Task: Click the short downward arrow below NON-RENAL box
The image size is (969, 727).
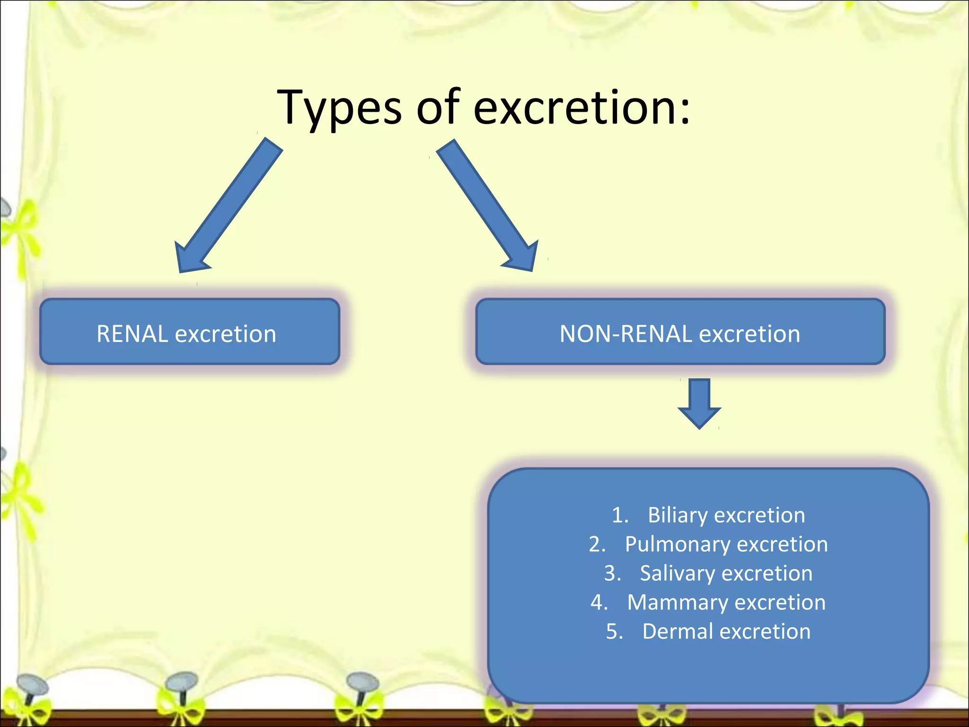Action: tap(699, 402)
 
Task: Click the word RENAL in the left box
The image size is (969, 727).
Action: tap(132, 334)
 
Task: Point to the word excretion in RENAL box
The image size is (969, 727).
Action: tap(226, 334)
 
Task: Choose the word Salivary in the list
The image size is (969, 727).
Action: tap(677, 573)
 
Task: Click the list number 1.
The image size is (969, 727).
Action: tap(619, 515)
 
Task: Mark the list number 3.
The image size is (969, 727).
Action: tap(612, 573)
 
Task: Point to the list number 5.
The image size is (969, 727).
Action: tap(614, 631)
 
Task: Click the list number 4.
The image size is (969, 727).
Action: tap(599, 603)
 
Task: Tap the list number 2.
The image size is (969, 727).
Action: tap(597, 544)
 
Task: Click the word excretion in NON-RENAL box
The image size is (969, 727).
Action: tap(749, 334)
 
